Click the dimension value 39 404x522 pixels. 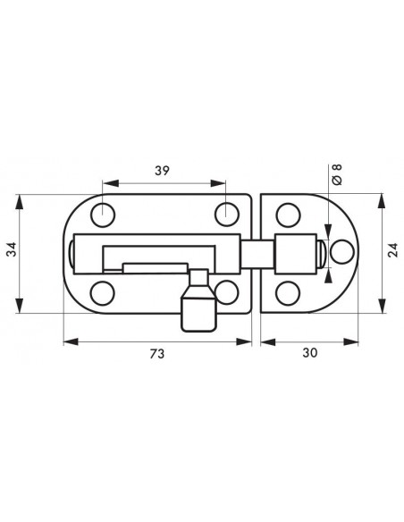[162, 171]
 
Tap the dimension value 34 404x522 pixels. [12, 249]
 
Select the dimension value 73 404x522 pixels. [156, 354]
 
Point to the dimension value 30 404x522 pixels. [310, 353]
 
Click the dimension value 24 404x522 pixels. [393, 250]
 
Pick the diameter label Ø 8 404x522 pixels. [337, 174]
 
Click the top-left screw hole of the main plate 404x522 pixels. [103, 215]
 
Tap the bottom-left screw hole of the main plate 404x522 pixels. [103, 293]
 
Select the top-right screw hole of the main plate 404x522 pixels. [227, 215]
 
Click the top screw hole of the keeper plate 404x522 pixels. [288, 215]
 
